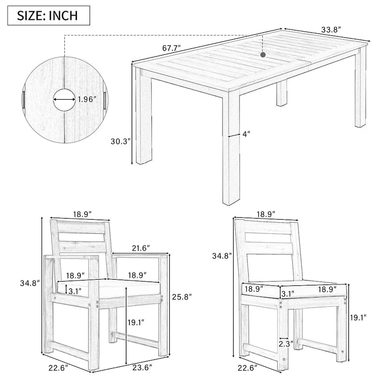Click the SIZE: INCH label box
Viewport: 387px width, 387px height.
[49, 15]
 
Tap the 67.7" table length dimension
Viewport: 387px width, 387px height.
[172, 48]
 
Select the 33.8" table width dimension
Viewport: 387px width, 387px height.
[331, 30]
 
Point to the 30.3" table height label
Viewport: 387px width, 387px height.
[120, 141]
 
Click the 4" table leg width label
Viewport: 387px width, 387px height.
[246, 134]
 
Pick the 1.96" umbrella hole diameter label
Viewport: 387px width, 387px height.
[87, 99]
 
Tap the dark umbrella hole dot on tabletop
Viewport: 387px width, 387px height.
[263, 55]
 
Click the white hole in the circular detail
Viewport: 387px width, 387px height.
[64, 100]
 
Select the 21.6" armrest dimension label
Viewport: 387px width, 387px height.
[141, 248]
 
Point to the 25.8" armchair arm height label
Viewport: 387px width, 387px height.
[182, 297]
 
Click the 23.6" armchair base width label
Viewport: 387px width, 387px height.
[142, 368]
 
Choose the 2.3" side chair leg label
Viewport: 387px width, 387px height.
[286, 344]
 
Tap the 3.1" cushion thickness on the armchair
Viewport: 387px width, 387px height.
[75, 292]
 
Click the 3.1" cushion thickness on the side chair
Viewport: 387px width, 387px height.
[288, 294]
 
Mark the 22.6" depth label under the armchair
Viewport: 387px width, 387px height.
[58, 368]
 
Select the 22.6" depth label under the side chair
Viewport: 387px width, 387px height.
[248, 368]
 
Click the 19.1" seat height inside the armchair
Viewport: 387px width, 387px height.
[136, 322]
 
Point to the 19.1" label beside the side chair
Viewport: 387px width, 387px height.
[358, 317]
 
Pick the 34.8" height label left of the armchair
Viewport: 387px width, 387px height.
[30, 283]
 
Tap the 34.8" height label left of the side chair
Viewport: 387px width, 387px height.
[222, 256]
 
